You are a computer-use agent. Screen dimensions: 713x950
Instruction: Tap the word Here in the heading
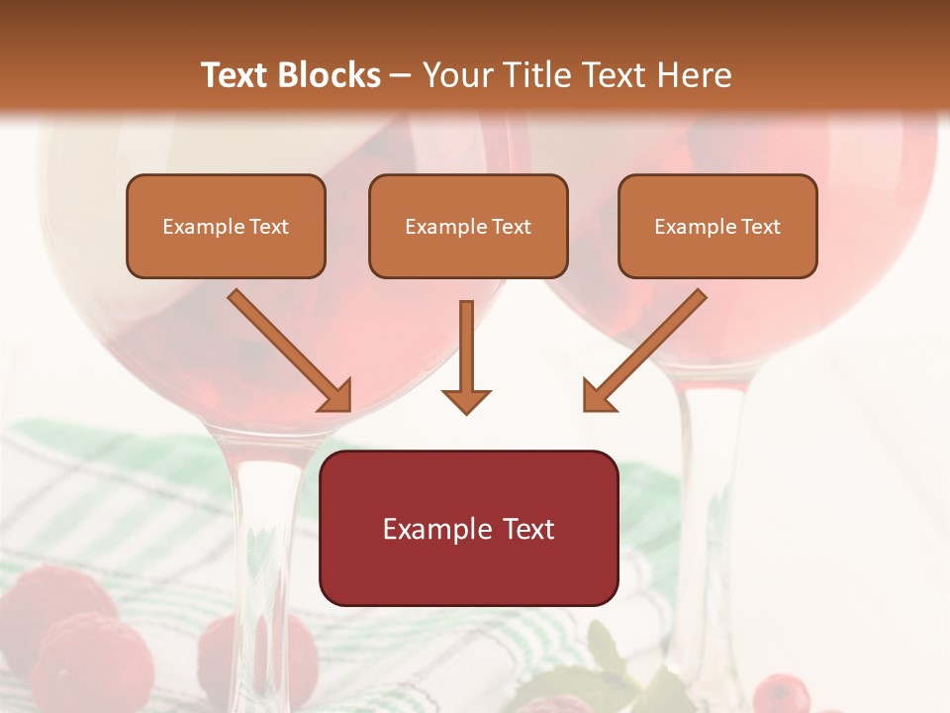(x=692, y=75)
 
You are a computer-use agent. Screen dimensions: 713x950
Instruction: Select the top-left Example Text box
(x=226, y=227)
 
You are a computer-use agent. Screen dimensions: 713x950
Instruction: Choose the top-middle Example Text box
(x=468, y=227)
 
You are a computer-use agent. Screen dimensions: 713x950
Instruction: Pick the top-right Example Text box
(x=717, y=227)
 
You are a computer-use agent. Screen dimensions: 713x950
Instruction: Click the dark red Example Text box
(x=468, y=528)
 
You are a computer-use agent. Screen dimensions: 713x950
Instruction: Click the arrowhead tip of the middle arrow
(x=466, y=410)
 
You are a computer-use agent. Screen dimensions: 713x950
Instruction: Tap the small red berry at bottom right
(x=782, y=694)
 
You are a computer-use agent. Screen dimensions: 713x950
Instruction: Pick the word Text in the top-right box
(x=760, y=227)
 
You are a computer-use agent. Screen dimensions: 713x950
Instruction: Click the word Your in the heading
(x=451, y=75)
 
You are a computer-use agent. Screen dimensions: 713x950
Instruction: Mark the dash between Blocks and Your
(x=401, y=75)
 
